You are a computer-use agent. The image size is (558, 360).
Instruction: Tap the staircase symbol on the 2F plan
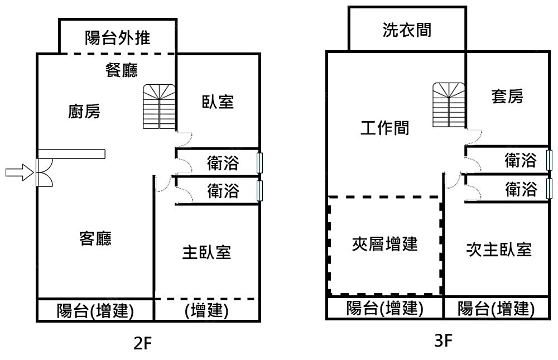[x=160, y=107]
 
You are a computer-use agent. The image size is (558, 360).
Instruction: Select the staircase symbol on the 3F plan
[x=449, y=104]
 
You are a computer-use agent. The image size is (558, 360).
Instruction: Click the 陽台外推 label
[x=118, y=39]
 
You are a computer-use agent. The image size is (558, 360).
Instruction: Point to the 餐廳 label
[x=122, y=71]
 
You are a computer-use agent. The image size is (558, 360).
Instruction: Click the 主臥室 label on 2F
[x=206, y=252]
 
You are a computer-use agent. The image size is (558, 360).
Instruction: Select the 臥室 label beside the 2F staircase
[x=218, y=102]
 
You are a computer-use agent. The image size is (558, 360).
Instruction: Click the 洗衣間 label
[x=407, y=30]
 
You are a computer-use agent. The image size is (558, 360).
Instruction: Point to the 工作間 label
[x=385, y=128]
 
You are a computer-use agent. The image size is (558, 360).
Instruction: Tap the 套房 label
[x=507, y=97]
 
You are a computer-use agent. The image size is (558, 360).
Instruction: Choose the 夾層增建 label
[x=385, y=244]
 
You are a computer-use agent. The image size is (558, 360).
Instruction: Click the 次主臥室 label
[x=498, y=249]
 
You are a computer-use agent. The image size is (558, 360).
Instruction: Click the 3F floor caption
[x=442, y=341]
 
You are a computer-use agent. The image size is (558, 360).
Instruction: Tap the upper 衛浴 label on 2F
[x=223, y=163]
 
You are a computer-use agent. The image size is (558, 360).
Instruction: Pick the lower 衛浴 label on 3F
[x=521, y=190]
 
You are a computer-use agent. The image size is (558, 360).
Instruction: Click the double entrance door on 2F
[x=43, y=172]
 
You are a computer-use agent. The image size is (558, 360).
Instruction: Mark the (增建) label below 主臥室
[x=206, y=311]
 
